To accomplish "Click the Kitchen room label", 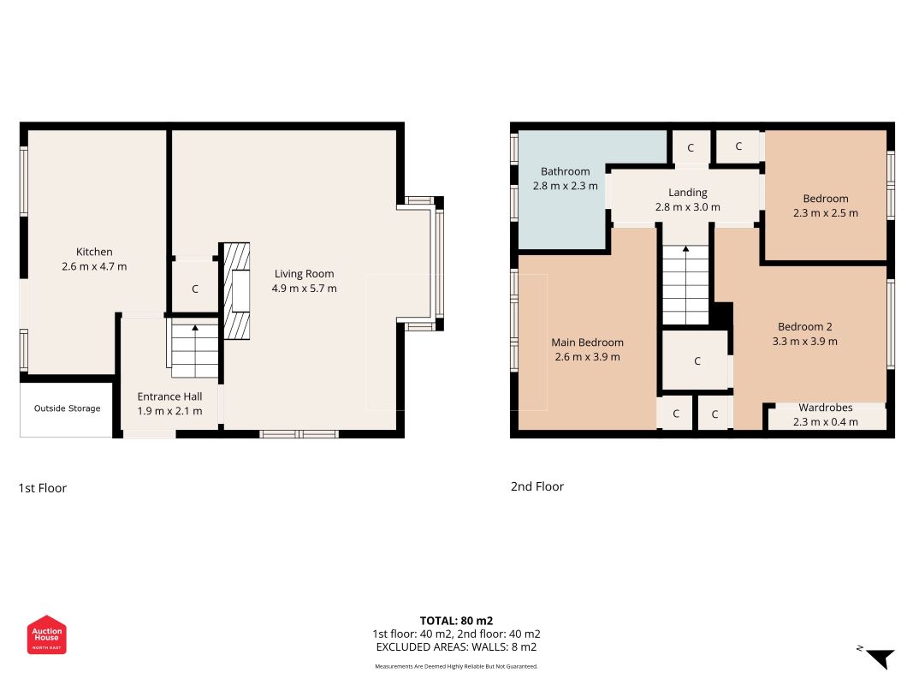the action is point(94,252).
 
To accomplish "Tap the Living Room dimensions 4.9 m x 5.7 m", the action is point(304,289).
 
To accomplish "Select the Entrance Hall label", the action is point(170,396).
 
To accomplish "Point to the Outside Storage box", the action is point(67,409).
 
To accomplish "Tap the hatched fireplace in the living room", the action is point(237,291).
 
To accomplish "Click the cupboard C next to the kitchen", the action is point(195,289).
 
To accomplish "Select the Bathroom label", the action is point(565,171).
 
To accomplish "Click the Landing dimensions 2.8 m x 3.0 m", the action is point(688,206).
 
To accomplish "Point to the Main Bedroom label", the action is point(588,342).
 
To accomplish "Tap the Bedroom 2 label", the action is point(804,327).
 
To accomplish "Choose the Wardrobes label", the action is point(826,408).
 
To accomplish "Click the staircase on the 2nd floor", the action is point(686,285).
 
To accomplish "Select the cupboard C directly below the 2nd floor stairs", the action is point(697,360).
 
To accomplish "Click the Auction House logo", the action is point(46,634).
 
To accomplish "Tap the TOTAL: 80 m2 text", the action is point(457,621).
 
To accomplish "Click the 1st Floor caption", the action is point(43,488).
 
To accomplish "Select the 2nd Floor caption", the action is point(537,486).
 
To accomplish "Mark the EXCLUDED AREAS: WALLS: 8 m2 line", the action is point(457,647).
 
